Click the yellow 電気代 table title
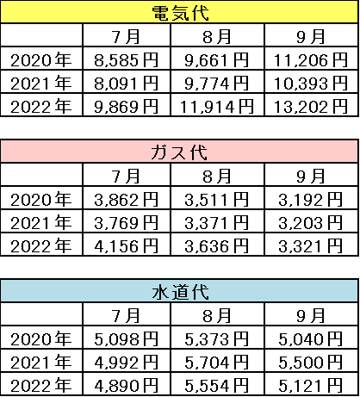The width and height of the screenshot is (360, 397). (180, 12)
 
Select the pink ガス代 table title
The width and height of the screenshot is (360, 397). (180, 152)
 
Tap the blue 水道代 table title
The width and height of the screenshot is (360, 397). (180, 291)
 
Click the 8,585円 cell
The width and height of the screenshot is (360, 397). (127, 59)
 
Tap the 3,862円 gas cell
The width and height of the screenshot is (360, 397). (127, 198)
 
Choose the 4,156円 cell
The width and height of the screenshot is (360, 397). (127, 245)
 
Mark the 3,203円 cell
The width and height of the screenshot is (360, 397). (312, 221)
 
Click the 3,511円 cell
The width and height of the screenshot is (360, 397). (217, 198)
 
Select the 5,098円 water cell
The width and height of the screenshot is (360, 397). (127, 338)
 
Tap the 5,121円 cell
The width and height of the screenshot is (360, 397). (312, 384)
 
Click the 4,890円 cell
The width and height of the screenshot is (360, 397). (127, 384)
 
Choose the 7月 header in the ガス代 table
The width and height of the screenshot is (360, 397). (127, 175)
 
